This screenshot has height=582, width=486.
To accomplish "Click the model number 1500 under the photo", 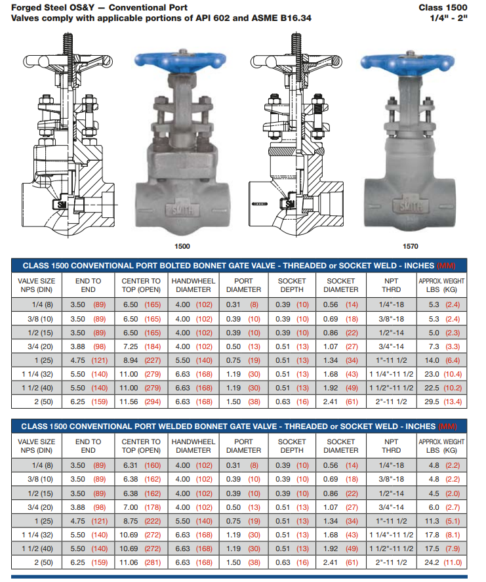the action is (182, 246).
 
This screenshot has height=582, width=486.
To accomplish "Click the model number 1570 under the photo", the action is (411, 246).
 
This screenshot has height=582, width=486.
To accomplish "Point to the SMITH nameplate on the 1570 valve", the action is (410, 207).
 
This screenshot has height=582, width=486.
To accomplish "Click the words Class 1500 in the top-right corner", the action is (443, 7).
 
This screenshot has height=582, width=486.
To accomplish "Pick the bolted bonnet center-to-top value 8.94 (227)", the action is (142, 360).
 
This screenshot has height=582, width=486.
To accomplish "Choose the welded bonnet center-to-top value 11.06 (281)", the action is (140, 562).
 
